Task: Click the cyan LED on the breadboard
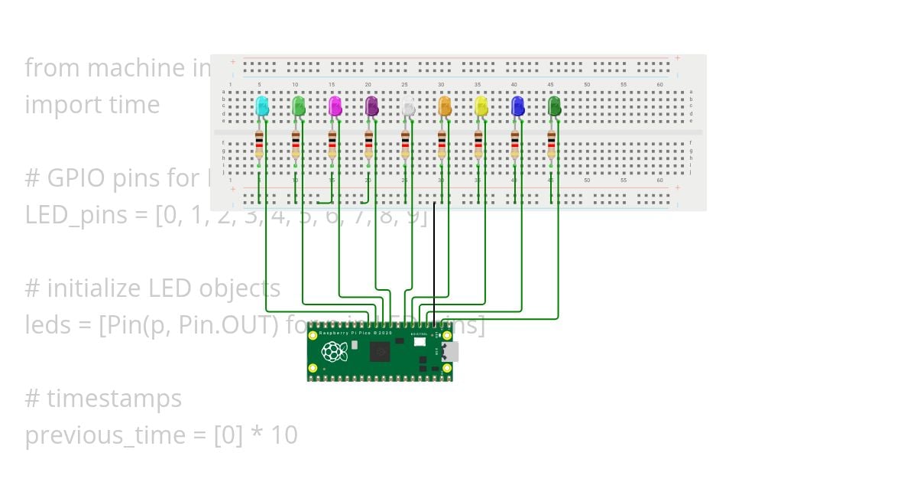262,106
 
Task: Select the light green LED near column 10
299,106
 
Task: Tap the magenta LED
335,106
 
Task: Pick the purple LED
371,106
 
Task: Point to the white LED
408,106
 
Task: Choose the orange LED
445,106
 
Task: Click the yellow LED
481,106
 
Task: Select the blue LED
517,106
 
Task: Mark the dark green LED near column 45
554,106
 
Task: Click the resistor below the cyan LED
259,145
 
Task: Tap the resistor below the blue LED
514,145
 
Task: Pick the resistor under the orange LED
442,145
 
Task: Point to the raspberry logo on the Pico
332,352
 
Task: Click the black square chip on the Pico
380,352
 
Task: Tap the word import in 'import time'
60,105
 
